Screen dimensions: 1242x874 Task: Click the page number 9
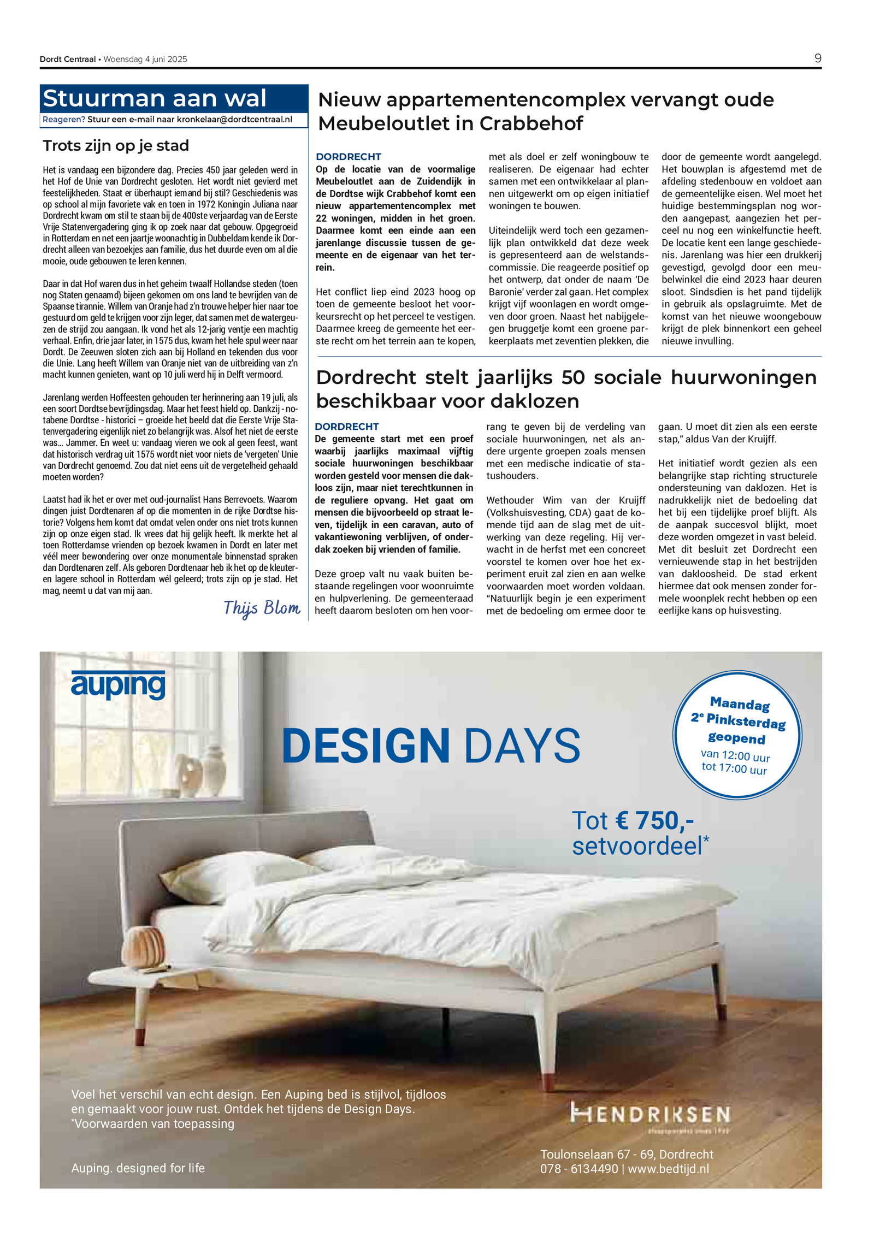817,58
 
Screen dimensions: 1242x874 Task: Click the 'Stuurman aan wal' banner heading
155,99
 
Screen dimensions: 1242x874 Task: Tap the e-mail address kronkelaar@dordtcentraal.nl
234,120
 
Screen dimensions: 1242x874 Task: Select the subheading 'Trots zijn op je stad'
116,146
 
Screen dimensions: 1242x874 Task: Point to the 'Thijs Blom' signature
262,608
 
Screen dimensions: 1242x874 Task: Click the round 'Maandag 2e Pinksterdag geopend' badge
737,735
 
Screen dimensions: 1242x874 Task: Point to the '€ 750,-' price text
654,820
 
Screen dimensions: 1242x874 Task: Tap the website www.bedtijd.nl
668,1169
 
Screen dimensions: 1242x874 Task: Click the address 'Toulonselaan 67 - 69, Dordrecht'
627,1155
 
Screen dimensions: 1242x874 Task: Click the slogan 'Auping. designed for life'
138,1168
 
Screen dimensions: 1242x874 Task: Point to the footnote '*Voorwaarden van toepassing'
153,1124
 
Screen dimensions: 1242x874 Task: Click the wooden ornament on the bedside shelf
143,949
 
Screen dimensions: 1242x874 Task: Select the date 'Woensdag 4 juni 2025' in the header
145,59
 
